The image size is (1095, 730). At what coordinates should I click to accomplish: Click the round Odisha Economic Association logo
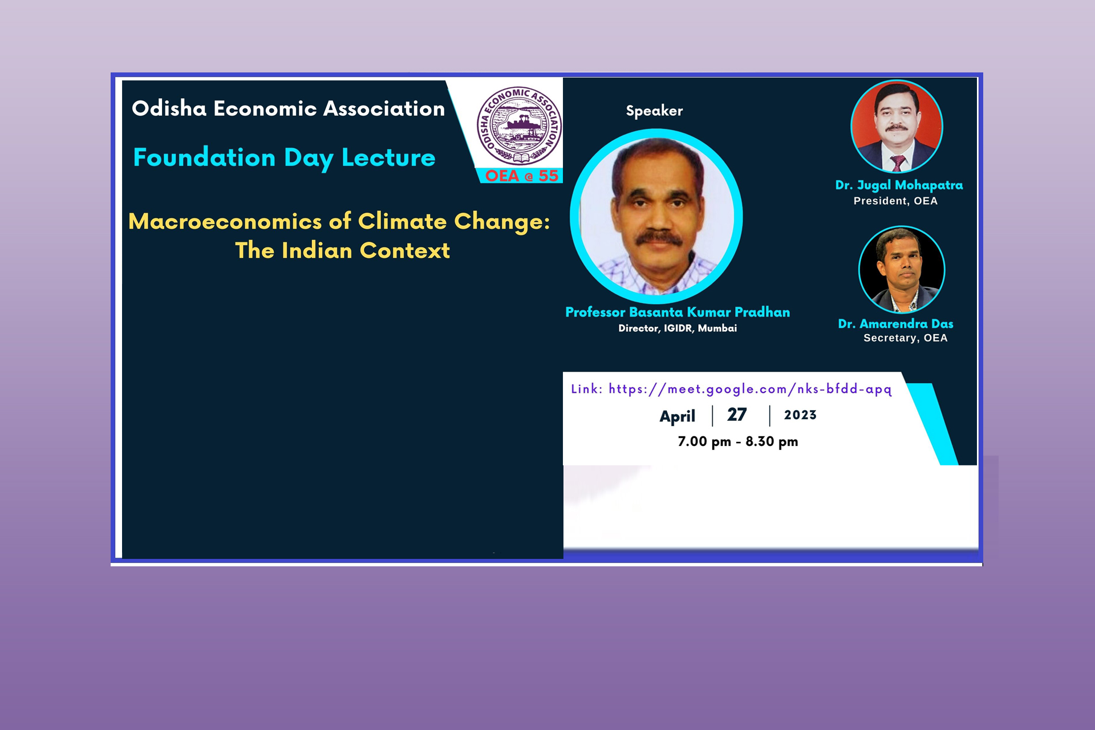(519, 126)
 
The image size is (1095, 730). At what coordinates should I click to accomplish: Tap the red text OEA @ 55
(521, 176)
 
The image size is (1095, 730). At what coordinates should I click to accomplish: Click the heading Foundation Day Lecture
(284, 158)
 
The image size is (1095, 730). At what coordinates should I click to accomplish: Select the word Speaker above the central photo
(654, 111)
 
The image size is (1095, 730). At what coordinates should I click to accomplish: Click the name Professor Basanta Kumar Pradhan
(678, 312)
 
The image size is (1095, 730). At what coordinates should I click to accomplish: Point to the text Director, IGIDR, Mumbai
(678, 328)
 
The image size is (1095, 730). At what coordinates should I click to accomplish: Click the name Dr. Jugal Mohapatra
(899, 185)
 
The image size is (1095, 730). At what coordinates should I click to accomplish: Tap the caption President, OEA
(895, 201)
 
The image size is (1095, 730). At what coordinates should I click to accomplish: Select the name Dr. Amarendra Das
(895, 323)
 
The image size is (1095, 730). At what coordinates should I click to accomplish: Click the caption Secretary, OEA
(905, 338)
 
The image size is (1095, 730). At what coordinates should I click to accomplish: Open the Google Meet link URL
(750, 389)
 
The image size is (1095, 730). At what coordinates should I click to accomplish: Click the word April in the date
(677, 416)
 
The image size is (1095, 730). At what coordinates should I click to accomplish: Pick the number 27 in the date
(737, 415)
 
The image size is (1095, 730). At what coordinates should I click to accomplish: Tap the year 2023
(800, 415)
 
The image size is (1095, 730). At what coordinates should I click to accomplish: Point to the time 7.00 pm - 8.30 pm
(737, 441)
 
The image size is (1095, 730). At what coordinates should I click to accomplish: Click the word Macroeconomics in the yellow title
(225, 221)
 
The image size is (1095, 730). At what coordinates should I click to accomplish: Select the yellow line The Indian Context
(342, 250)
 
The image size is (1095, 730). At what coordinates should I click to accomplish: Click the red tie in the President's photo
(898, 164)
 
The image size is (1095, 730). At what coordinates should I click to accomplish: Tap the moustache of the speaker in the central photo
(659, 238)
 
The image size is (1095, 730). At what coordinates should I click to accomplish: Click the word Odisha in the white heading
(169, 108)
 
